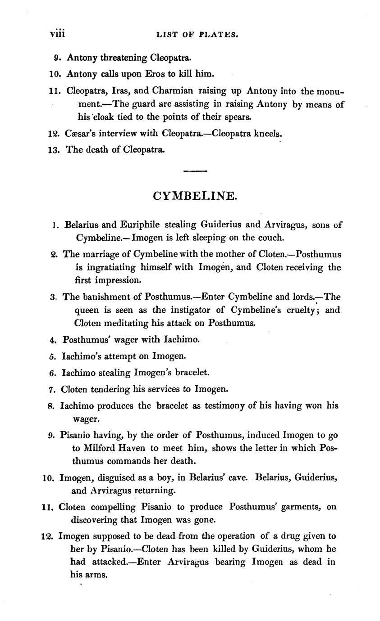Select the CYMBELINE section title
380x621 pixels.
pyautogui.click(x=194, y=196)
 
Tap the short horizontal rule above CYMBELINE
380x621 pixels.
pyautogui.click(x=195, y=171)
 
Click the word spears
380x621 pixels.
pyautogui.click(x=238, y=117)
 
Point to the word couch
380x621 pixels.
pyautogui.click(x=272, y=237)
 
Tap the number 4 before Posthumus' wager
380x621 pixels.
pyautogui.click(x=53, y=340)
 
